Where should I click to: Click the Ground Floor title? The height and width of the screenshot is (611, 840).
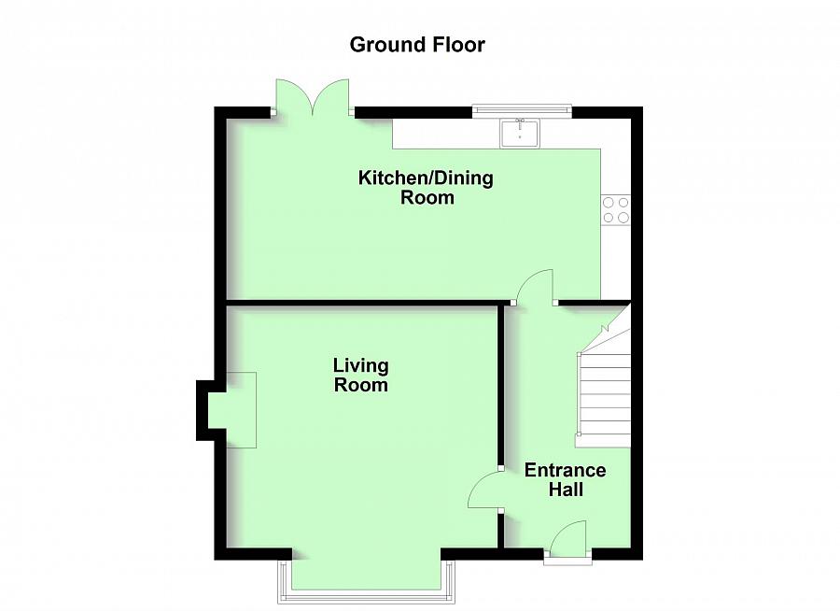point(417,45)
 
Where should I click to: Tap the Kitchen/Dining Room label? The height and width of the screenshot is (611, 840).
point(426,187)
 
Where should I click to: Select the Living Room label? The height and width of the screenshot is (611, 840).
point(360,375)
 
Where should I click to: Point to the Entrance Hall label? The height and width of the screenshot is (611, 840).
point(566,479)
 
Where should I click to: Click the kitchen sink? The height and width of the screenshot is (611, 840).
point(521,133)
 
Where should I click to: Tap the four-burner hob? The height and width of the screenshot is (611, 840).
point(616,210)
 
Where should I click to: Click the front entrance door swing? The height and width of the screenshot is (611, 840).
point(568,539)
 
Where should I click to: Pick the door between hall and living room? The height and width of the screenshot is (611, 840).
point(484,490)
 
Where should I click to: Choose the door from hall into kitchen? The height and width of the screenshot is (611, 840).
point(535,286)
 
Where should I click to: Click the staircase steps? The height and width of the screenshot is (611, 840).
point(604,400)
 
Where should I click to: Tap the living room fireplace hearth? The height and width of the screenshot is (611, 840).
point(241,410)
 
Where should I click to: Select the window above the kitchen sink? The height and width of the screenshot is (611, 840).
point(522,110)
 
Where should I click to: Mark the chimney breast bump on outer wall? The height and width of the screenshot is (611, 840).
point(203,410)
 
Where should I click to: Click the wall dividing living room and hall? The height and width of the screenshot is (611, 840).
point(500,384)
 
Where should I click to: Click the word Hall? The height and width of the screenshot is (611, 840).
point(566,490)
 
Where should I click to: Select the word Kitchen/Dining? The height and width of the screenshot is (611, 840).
point(426,178)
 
